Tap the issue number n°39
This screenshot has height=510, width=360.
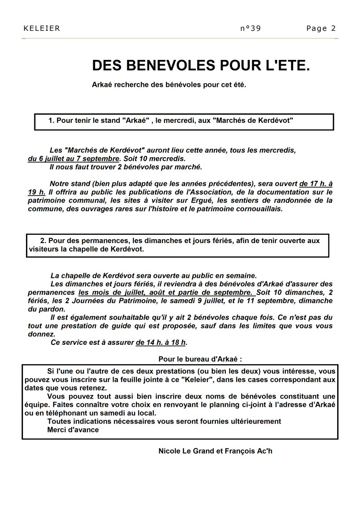pyautogui.click(x=251, y=29)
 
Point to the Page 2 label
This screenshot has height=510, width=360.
pyautogui.click(x=321, y=29)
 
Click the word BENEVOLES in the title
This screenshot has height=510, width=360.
pyautogui.click(x=166, y=66)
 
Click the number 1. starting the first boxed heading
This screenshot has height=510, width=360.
pyautogui.click(x=51, y=120)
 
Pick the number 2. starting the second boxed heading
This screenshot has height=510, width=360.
pyautogui.click(x=43, y=240)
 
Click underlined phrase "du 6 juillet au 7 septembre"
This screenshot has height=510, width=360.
pyautogui.click(x=73, y=158)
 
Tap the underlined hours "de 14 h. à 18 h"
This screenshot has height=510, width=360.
pyautogui.click(x=161, y=342)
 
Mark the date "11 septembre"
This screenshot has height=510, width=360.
pyautogui.click(x=272, y=301)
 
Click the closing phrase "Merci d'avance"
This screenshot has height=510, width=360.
pyautogui.click(x=73, y=430)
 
